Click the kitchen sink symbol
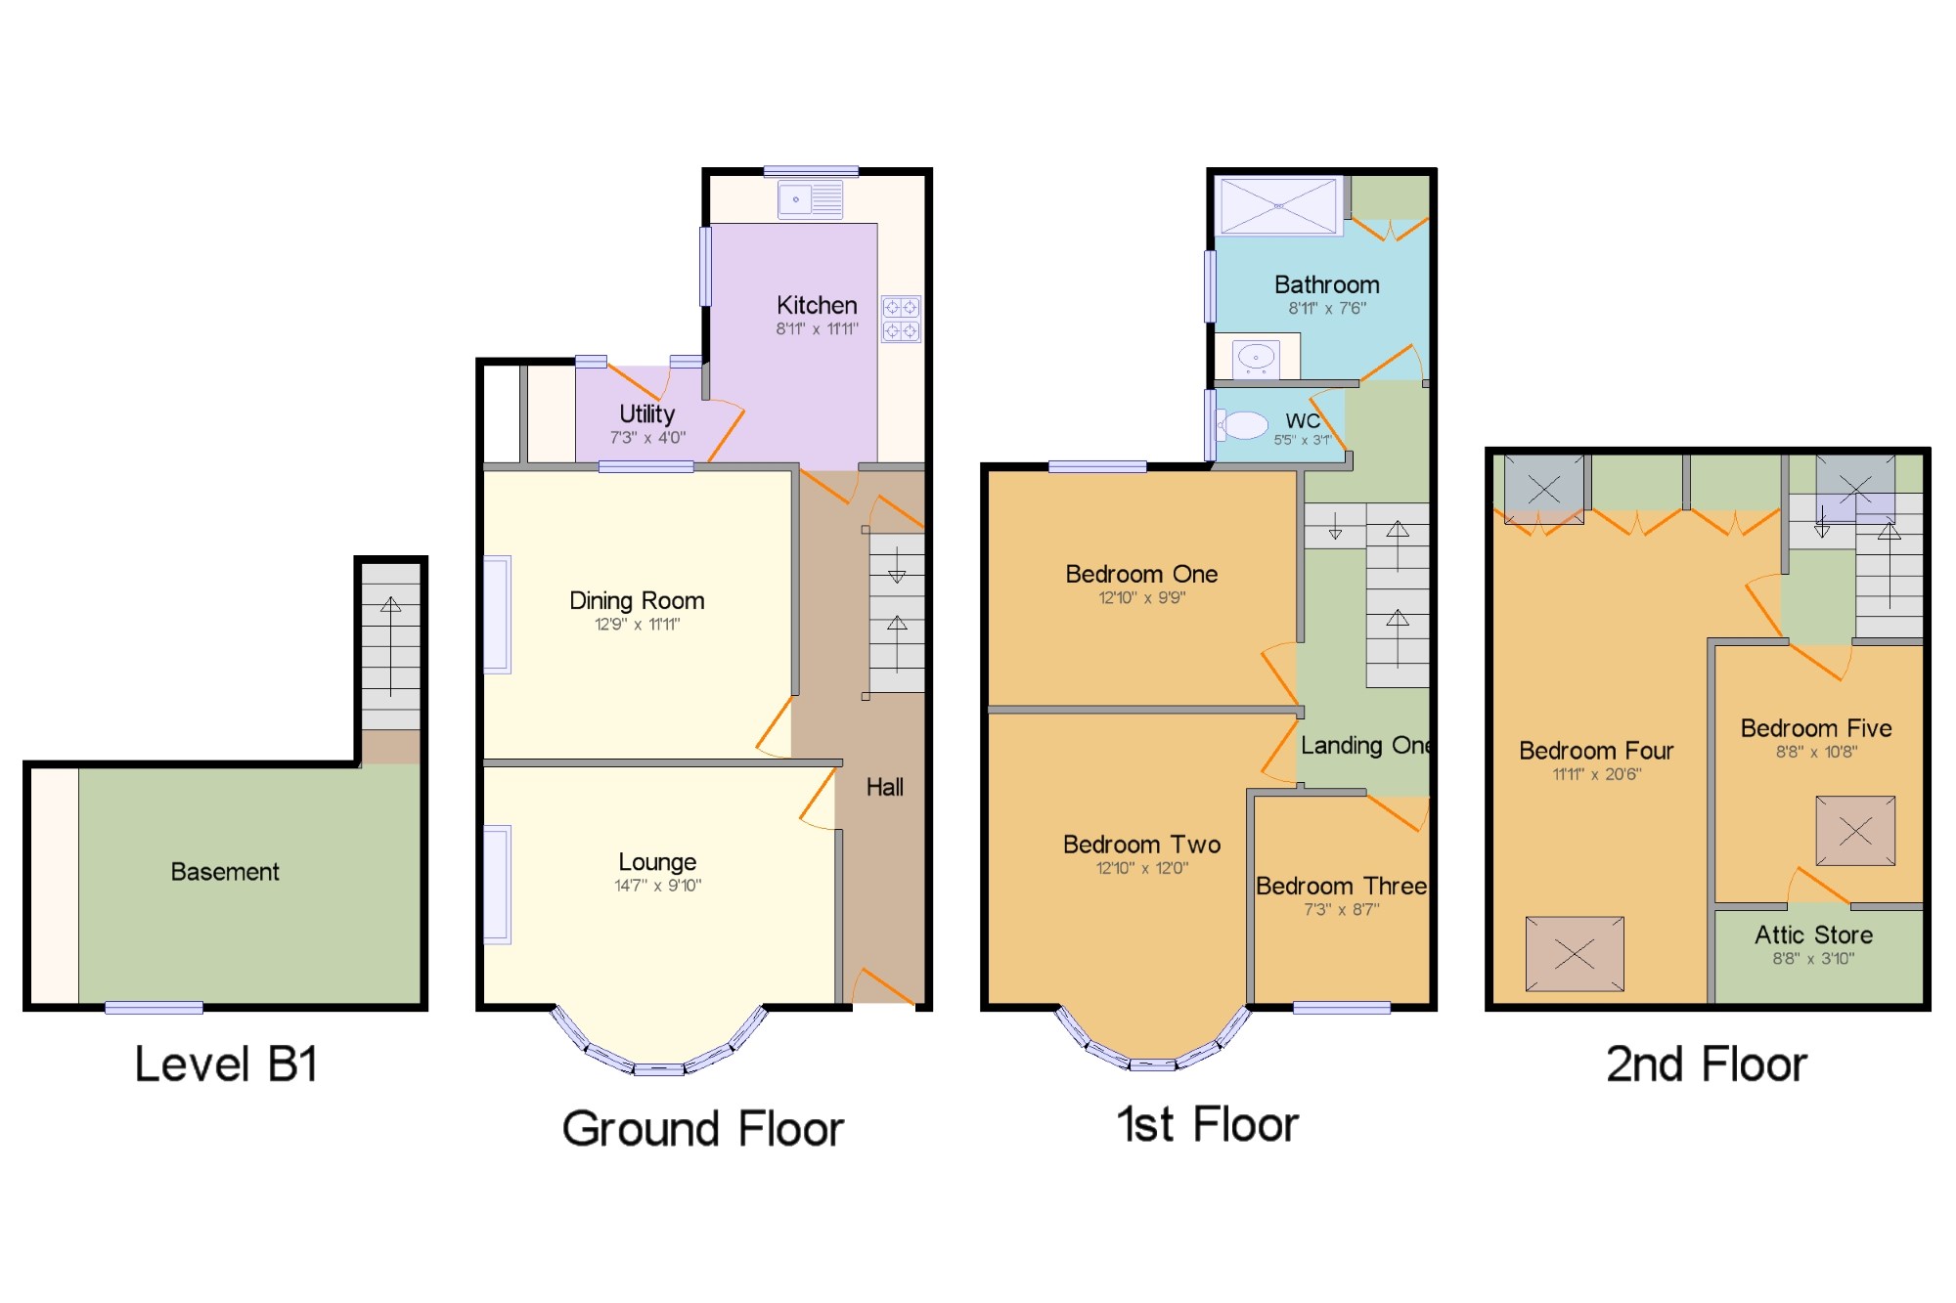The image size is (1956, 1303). coord(810,199)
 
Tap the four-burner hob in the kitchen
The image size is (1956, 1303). coord(901,320)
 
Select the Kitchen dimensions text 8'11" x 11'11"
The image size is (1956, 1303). coord(817,329)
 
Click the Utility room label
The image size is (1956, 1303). coord(646,413)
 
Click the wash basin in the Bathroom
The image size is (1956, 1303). coord(1256,358)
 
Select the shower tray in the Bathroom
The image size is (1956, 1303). coord(1278,206)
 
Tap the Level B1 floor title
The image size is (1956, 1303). coord(226,1064)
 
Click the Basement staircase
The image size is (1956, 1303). coord(391,645)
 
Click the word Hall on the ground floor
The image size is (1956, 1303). coord(884,787)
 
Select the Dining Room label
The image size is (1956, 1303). coord(637,600)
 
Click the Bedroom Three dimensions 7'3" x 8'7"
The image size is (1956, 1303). coord(1341,910)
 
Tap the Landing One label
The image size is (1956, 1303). coord(1365,746)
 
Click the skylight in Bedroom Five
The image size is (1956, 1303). coord(1855,831)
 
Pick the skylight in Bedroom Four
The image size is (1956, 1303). coord(1575,954)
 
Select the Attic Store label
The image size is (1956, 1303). coord(1813,935)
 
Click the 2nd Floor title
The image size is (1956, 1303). coord(1707,1064)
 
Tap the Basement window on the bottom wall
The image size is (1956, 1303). coord(154,1008)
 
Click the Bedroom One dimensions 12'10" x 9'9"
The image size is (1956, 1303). coord(1141,598)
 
